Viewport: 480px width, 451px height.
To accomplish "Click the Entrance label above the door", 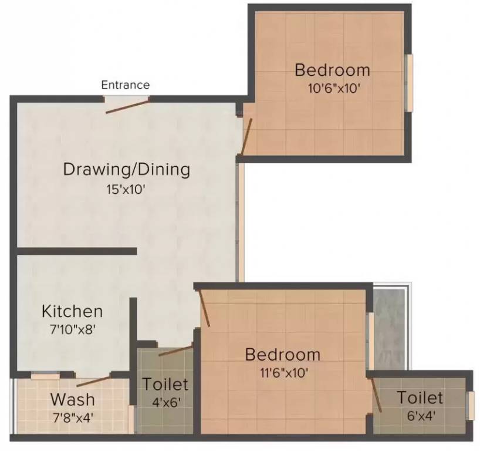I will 126,85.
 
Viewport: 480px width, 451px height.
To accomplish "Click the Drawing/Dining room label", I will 127,170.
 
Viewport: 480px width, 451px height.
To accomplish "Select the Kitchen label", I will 72,311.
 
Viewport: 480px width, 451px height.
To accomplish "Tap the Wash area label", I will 72,399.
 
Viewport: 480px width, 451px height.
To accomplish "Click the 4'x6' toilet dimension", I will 165,403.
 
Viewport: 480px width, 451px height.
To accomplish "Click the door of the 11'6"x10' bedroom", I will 204,305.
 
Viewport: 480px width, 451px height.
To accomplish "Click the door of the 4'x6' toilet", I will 175,351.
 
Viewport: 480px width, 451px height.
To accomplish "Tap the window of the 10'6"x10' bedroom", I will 410,82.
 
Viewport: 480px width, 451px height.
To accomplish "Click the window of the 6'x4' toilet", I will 471,405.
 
